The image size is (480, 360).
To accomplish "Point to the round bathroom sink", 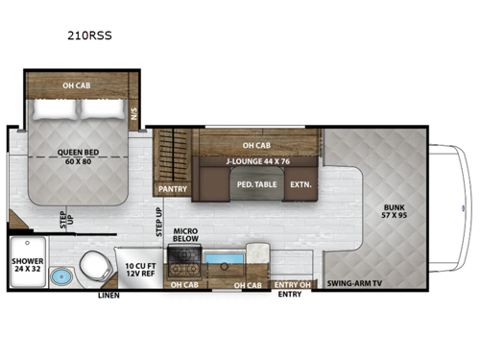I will tap(61, 277).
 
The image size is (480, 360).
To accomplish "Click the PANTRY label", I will tap(172, 189).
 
